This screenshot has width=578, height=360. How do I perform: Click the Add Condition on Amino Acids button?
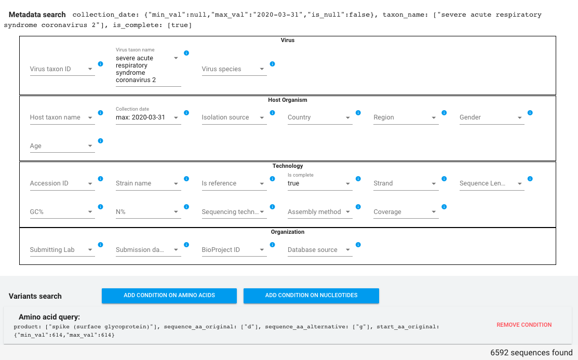[169, 296]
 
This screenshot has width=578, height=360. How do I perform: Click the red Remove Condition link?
[524, 325]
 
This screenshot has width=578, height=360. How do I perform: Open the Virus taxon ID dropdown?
[62, 69]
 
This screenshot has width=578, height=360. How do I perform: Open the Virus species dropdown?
[234, 69]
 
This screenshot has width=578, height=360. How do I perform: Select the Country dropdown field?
[320, 117]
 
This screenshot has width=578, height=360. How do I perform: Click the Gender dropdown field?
[492, 117]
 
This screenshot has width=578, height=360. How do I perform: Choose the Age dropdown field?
[62, 145]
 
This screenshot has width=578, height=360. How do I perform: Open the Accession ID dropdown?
[62, 183]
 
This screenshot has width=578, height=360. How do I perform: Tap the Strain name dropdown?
[148, 183]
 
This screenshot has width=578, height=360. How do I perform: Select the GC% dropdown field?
[62, 212]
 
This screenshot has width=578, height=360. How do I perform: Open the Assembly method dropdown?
[320, 212]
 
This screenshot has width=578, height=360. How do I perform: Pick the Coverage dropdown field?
[406, 212]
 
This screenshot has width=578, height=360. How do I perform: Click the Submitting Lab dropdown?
[62, 250]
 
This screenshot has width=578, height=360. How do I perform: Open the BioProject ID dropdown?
[234, 250]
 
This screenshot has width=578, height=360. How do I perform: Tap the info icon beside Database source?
[358, 245]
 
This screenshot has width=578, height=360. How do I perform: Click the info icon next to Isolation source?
[272, 113]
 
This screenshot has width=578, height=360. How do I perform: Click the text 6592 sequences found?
[531, 353]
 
